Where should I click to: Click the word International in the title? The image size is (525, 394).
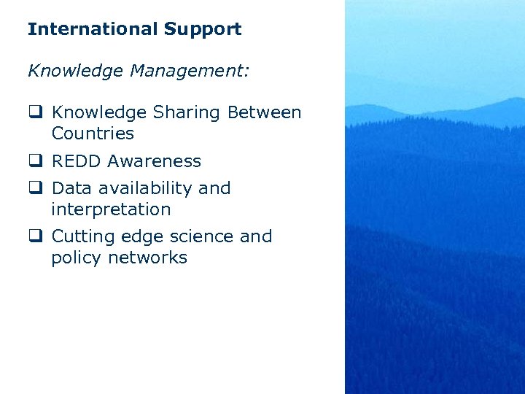pos(93,30)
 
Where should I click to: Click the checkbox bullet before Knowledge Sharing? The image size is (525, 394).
pos(34,113)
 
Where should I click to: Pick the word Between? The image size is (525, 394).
pos(264,113)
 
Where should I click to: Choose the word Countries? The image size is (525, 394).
pos(93,134)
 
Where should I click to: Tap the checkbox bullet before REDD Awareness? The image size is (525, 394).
pos(34,161)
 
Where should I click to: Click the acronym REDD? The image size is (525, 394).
pos(75,161)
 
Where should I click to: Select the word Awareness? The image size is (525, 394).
pos(152,161)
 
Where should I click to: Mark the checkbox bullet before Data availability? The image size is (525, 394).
pos(34,188)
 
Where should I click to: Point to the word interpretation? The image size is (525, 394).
pos(111,209)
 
